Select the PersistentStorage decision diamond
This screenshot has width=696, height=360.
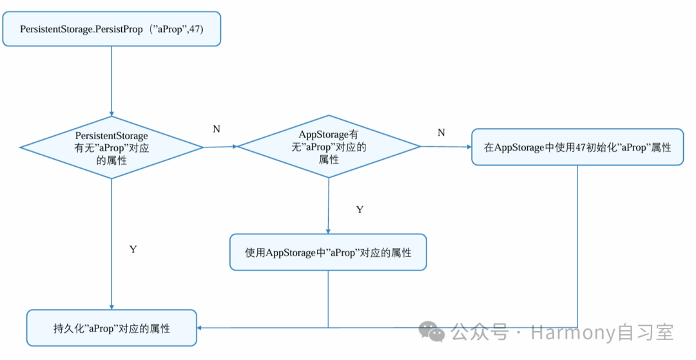[111, 147]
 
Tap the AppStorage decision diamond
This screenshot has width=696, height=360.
[329, 147]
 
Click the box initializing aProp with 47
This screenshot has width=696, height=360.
[577, 147]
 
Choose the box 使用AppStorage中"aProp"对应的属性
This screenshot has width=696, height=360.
[328, 252]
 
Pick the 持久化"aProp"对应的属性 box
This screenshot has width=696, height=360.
[111, 328]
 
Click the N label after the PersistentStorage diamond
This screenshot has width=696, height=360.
[217, 129]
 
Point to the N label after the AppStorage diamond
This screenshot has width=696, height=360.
[441, 132]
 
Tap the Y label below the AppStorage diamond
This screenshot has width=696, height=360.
[360, 210]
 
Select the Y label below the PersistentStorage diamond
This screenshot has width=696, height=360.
[133, 249]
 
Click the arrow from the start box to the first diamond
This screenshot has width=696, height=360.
[111, 81]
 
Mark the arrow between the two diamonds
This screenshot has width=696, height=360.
[220, 147]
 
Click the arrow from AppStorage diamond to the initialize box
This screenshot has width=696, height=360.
[446, 147]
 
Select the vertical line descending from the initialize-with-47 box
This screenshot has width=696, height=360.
[577, 245]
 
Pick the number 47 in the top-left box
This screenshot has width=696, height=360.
[195, 30]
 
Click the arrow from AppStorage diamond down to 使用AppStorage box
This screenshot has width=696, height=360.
[329, 206]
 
